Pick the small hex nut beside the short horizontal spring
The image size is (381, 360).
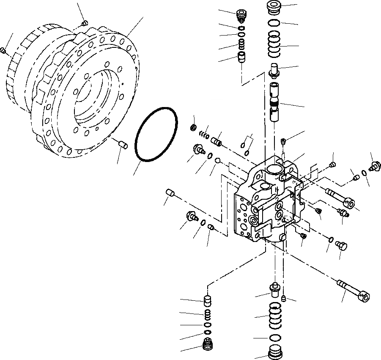[192, 127]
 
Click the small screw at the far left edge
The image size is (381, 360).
[4, 50]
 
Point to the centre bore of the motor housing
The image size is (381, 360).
[91, 102]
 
